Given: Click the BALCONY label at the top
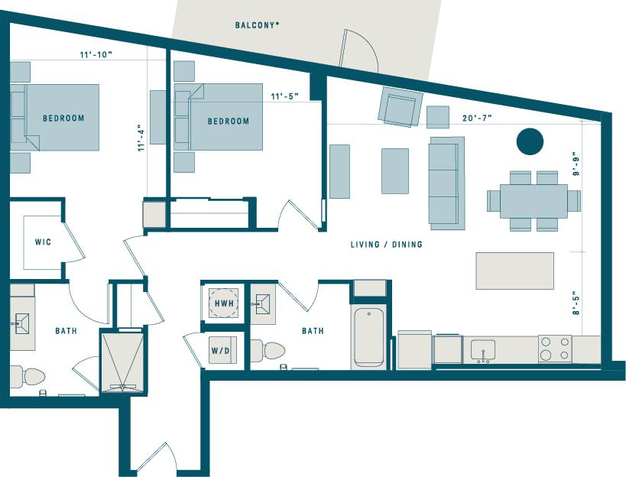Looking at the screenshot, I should pyautogui.click(x=257, y=25).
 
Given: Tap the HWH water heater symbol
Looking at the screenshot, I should pyautogui.click(x=224, y=303).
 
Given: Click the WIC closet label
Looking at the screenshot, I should pyautogui.click(x=43, y=242).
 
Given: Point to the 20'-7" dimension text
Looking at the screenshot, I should pyautogui.click(x=477, y=118).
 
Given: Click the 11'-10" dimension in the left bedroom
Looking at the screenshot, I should pyautogui.click(x=96, y=55).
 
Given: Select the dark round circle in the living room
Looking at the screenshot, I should pyautogui.click(x=530, y=141).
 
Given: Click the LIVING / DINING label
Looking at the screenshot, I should pyautogui.click(x=386, y=245).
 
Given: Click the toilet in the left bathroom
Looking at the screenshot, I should pyautogui.click(x=27, y=376).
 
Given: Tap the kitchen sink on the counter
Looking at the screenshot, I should pyautogui.click(x=482, y=350).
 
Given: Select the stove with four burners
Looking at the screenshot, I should pyautogui.click(x=554, y=349).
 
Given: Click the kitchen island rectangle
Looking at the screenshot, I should pyautogui.click(x=514, y=271).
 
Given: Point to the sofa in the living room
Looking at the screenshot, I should pyautogui.click(x=446, y=183).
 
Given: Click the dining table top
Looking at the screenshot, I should pyautogui.click(x=534, y=201).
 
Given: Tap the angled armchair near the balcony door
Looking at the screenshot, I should pyautogui.click(x=401, y=107).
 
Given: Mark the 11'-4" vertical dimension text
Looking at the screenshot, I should pyautogui.click(x=140, y=138).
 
